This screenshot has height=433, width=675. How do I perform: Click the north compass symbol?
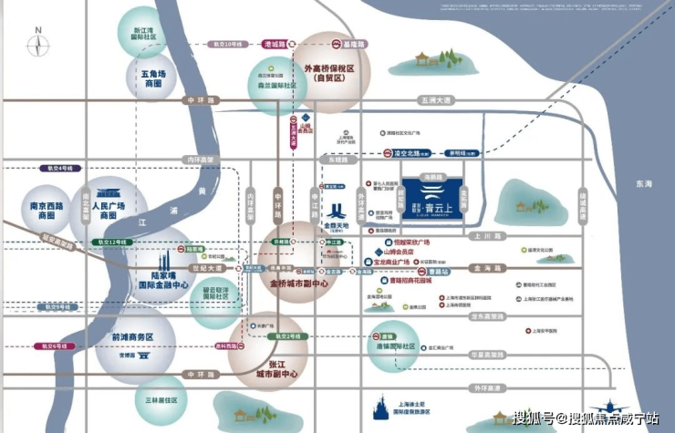37,40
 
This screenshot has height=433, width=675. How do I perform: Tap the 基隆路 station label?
353,43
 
